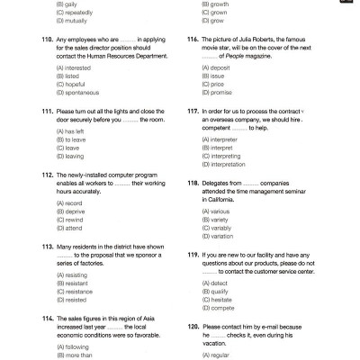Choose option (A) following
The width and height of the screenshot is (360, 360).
point(72,346)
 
